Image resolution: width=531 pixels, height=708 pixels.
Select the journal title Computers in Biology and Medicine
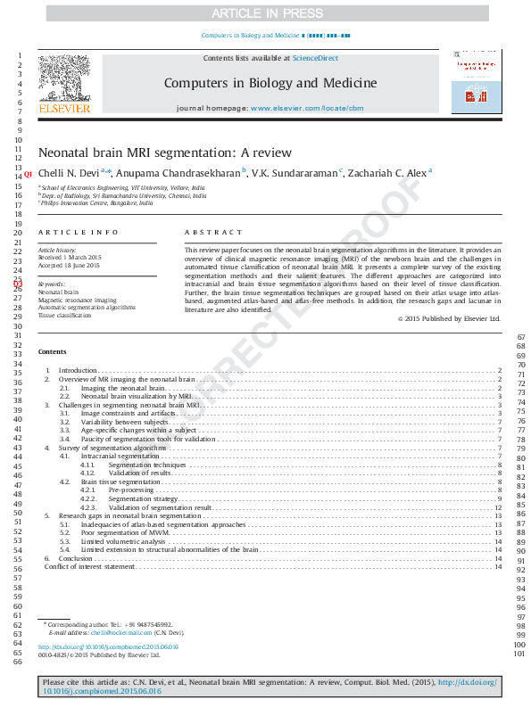click(270, 83)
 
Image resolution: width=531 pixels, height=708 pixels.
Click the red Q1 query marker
click(29, 174)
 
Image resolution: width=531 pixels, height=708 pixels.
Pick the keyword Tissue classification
click(65, 316)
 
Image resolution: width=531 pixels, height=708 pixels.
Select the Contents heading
click(52, 351)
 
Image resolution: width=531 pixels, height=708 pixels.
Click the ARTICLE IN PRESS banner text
click(266, 13)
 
